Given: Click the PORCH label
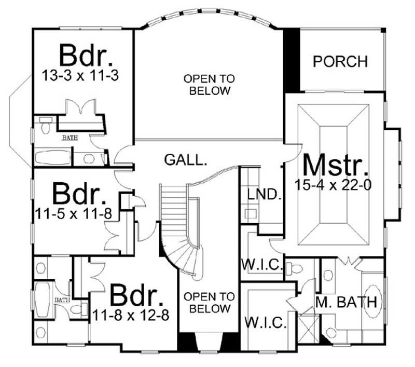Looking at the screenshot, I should point(340,61).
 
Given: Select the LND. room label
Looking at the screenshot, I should point(264,196).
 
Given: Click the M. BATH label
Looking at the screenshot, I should point(350,302).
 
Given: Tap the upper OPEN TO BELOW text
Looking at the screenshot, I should point(209,85).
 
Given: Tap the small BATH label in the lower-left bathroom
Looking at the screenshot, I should point(62,300).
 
